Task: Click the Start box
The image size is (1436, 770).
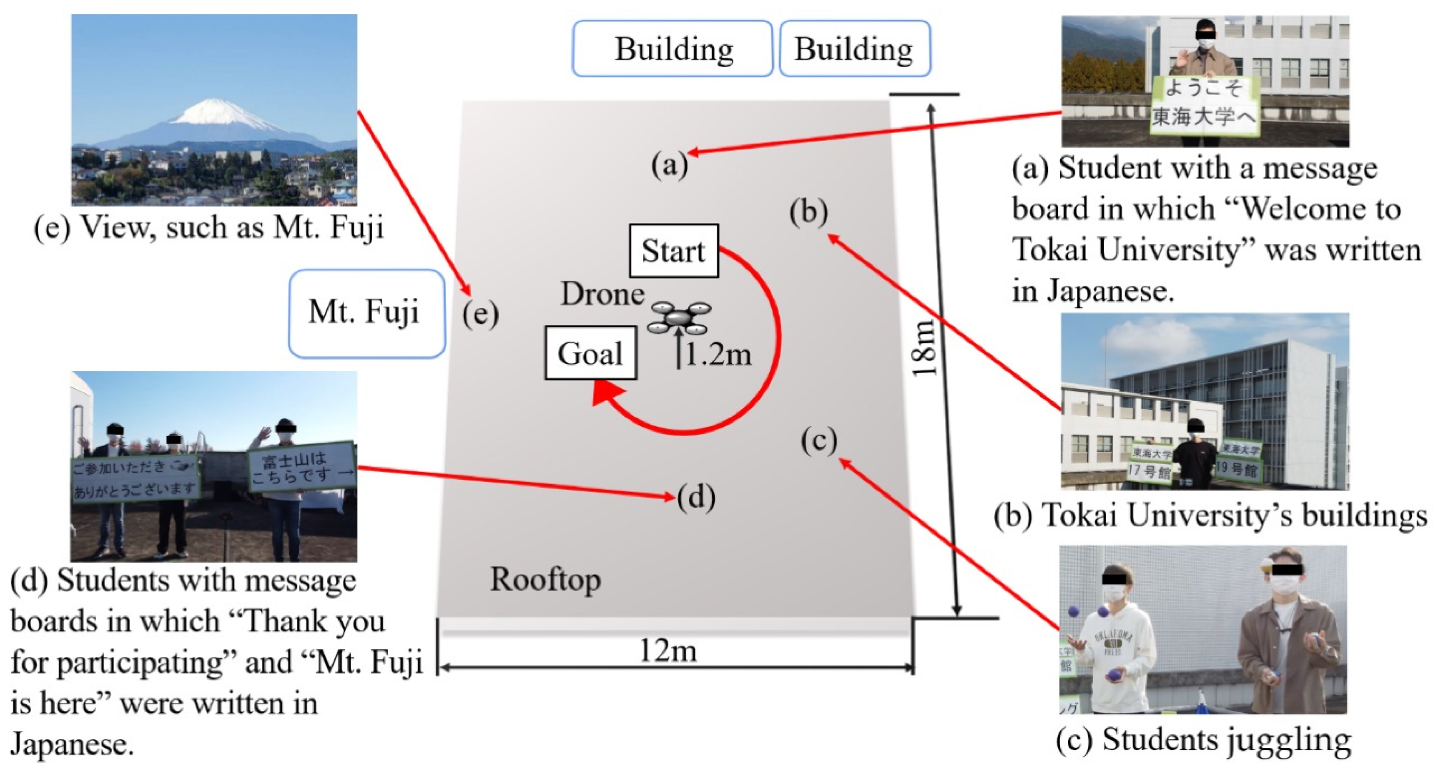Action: [673, 251]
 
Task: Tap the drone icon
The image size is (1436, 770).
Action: [678, 318]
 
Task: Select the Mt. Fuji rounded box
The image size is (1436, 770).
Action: [366, 313]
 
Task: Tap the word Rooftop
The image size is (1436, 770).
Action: [545, 580]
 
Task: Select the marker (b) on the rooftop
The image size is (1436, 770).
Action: [808, 213]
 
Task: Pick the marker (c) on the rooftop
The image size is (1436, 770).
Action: [819, 441]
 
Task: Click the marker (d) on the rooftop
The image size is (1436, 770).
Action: [696, 497]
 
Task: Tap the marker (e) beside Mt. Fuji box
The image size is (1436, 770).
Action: [480, 314]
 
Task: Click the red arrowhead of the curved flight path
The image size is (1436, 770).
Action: [606, 393]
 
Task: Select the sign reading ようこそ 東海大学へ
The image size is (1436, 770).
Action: [1204, 105]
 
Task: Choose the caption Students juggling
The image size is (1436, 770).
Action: [1203, 740]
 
